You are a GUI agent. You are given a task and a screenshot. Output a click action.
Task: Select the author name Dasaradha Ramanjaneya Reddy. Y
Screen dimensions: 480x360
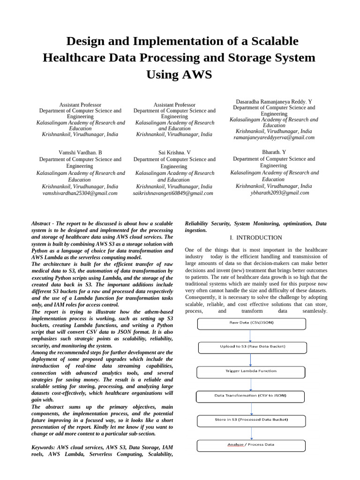[x=273, y=102]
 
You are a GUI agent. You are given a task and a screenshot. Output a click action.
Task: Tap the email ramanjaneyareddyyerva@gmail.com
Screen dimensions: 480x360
[x=274, y=138]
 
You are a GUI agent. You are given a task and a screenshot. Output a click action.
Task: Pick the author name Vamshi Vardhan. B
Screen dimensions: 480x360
[x=80, y=153]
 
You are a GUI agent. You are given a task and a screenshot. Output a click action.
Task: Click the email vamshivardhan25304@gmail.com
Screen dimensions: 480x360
[x=80, y=193]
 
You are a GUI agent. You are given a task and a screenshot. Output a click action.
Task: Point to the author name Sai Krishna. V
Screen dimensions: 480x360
[x=174, y=153]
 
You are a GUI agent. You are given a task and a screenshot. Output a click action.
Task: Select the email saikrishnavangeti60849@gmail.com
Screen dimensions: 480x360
[x=173, y=193]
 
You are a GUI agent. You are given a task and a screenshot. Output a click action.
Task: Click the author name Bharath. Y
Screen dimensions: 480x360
[x=274, y=152]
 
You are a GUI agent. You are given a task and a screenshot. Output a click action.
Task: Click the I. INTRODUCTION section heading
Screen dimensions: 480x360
[x=255, y=238]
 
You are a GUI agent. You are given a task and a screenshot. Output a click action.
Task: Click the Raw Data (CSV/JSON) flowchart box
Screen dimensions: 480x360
[x=251, y=324]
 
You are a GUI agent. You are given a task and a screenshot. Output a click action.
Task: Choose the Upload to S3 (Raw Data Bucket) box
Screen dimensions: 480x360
[x=253, y=347]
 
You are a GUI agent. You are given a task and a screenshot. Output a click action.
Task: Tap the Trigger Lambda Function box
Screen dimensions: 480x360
[x=251, y=371]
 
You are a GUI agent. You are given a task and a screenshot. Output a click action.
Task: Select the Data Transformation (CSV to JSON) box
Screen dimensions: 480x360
[x=251, y=396]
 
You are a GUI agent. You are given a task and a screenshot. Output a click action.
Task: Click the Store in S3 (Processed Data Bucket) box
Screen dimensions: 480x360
[x=251, y=420]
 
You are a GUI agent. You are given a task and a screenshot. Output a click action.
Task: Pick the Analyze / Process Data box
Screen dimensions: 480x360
[x=251, y=444]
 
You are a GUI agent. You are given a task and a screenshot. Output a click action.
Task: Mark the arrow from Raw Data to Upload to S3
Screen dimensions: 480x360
[x=251, y=336]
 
